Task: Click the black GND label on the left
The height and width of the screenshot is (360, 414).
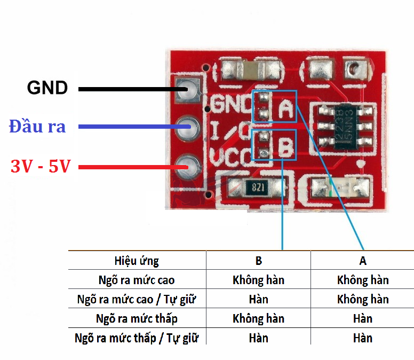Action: tap(47, 87)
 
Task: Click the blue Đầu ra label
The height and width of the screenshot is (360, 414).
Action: tap(37, 126)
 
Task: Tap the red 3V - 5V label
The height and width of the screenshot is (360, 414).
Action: tap(41, 166)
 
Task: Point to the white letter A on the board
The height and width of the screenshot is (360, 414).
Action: tap(286, 109)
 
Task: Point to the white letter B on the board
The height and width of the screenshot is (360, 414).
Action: tap(286, 148)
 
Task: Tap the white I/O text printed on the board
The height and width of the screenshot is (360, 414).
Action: tap(229, 130)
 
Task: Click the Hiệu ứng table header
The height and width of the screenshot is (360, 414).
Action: tap(137, 261)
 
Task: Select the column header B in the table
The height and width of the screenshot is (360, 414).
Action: tap(258, 261)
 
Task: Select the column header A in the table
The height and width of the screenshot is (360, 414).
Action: tap(363, 261)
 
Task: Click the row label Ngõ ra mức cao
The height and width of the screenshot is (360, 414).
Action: tap(137, 280)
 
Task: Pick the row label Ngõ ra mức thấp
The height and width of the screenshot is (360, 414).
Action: tap(137, 319)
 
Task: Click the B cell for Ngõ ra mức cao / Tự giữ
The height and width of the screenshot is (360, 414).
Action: tap(258, 299)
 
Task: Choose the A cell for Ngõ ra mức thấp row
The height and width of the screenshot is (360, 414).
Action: tap(363, 319)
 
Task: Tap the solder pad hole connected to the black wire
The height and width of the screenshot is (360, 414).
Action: tap(188, 88)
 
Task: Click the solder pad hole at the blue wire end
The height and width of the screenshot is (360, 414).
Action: tap(188, 127)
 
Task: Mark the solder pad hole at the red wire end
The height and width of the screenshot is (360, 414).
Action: tap(188, 166)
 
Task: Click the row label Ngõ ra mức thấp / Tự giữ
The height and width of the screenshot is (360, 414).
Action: tap(137, 338)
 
